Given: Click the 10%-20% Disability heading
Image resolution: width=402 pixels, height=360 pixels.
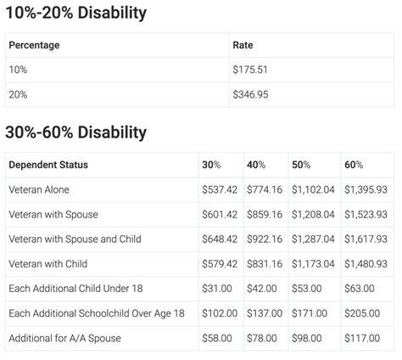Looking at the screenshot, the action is [x=76, y=13].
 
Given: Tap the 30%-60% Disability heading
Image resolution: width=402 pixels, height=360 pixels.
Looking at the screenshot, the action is [x=76, y=132].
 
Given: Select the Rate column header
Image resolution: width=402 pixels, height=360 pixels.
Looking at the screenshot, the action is [x=243, y=45].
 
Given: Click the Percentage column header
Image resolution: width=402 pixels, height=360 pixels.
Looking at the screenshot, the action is [x=34, y=45].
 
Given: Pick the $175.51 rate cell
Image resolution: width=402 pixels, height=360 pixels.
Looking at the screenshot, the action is [x=250, y=70].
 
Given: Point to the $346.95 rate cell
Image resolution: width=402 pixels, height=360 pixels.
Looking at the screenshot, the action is [x=250, y=94].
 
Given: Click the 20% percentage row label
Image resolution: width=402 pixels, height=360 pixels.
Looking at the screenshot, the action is [x=18, y=94].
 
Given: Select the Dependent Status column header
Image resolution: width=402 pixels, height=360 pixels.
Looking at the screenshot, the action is [x=48, y=165].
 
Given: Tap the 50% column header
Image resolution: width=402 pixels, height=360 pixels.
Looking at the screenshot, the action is [x=301, y=165].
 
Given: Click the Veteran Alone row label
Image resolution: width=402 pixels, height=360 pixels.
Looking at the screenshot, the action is [x=39, y=189].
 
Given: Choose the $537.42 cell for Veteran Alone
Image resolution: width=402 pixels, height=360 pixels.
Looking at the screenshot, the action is [x=220, y=189].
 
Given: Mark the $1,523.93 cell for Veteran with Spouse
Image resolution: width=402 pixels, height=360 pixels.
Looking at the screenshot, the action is [x=366, y=215].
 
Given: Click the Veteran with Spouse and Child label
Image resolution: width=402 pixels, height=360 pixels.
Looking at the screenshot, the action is [x=75, y=239].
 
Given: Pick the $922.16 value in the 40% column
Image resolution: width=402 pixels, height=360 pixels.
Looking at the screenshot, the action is [x=265, y=239].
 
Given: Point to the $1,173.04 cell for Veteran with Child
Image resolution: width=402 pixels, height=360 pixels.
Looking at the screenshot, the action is [x=313, y=264].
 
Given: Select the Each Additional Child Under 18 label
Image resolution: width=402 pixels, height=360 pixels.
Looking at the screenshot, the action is [x=75, y=289].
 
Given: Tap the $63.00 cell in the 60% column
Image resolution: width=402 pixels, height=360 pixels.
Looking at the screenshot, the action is [x=360, y=289].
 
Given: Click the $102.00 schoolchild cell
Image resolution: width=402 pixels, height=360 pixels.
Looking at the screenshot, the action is [x=220, y=313].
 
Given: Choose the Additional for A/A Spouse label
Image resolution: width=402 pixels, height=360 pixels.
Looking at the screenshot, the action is [x=64, y=338].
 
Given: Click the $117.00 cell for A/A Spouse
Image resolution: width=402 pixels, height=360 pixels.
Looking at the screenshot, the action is [x=362, y=338].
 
